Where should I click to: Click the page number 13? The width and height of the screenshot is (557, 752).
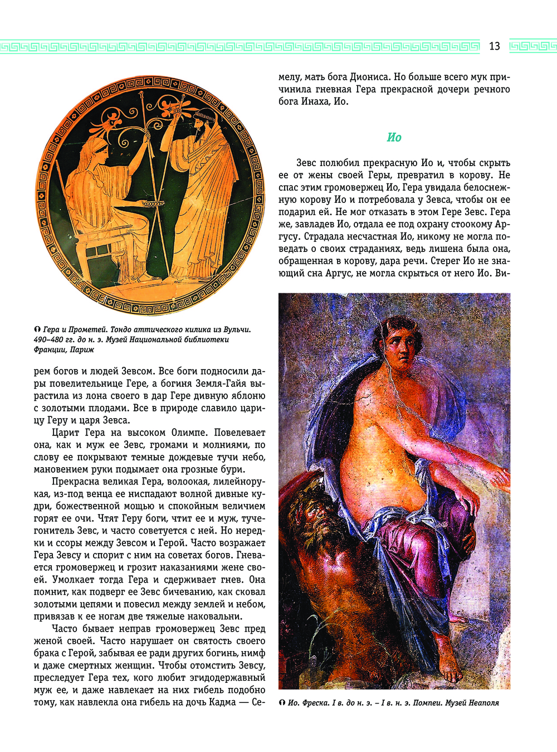(495, 46)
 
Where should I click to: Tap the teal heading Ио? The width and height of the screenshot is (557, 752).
(394, 137)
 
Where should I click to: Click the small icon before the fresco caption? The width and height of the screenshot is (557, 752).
(282, 703)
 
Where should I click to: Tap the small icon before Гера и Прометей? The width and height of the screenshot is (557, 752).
(37, 329)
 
